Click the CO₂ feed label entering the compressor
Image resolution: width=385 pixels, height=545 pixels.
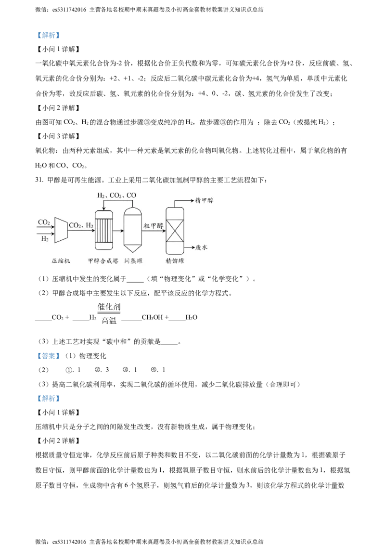[44, 222]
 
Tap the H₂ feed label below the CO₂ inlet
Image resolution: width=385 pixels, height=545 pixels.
[45, 238]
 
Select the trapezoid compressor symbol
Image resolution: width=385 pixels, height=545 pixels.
[61, 230]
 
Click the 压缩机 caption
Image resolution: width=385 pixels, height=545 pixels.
[61, 261]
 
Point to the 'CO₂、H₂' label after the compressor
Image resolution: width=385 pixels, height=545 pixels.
[81, 225]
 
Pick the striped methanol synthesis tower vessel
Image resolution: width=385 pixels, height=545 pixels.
[103, 230]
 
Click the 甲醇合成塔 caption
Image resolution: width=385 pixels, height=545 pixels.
[103, 261]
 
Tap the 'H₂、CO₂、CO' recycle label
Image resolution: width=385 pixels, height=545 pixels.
[116, 195]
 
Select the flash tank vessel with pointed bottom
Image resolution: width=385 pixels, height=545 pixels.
[132, 229]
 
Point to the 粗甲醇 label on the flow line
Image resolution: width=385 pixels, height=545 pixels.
[153, 225]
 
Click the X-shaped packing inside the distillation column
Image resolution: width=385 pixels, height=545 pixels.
[175, 231]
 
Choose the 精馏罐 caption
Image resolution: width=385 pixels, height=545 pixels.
[175, 261]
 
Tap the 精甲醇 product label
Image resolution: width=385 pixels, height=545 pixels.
[205, 200]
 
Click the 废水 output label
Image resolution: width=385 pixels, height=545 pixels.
[201, 247]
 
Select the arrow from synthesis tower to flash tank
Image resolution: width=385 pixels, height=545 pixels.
[118, 231]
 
